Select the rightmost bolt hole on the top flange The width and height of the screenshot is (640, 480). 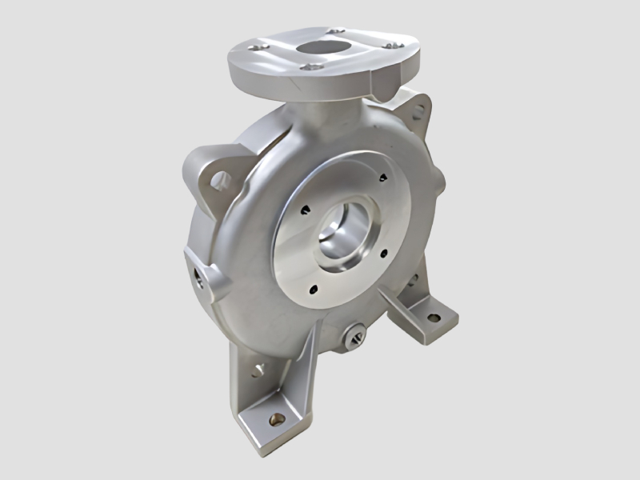coord(390,46)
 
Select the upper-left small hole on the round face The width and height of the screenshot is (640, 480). coord(305,211)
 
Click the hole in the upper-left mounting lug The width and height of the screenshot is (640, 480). coord(218,181)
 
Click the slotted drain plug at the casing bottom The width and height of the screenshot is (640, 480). coord(354,337)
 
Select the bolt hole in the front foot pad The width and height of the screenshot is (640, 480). coord(277,417)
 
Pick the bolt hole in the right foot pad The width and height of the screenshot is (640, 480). coord(433,318)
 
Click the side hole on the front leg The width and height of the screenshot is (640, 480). coord(258,371)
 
